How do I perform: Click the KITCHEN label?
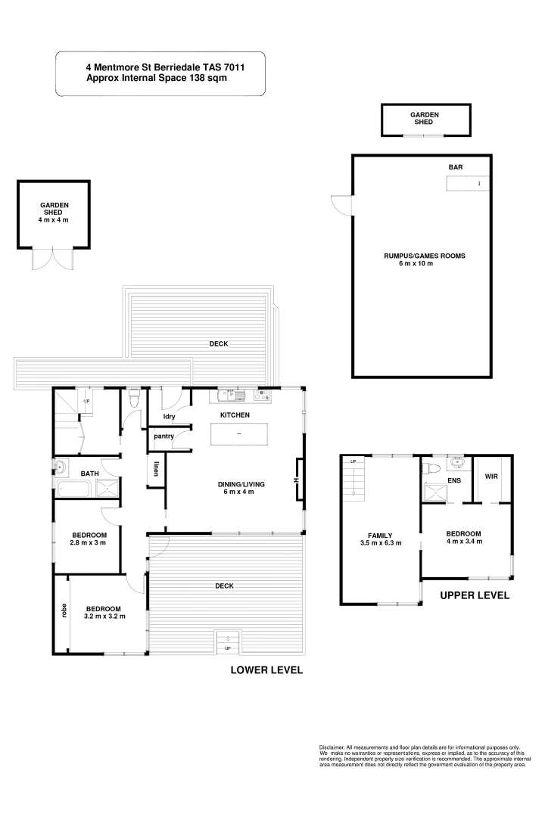[x=235, y=415]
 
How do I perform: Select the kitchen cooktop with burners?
[x=264, y=393]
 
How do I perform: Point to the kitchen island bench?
[x=239, y=434]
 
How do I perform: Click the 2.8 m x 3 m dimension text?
[x=88, y=542]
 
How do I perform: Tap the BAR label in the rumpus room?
[x=455, y=166]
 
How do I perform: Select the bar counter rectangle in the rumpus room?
[x=467, y=183]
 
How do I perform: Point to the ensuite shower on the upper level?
[x=434, y=492]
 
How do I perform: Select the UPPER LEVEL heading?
[x=475, y=595]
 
